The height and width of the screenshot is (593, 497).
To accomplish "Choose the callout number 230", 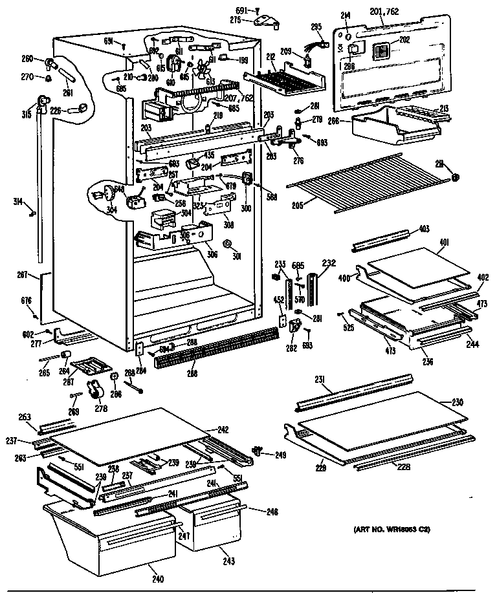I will click(x=457, y=402).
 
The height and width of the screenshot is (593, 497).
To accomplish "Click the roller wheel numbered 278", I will click(x=97, y=389).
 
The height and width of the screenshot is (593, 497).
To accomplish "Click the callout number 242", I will click(x=223, y=429).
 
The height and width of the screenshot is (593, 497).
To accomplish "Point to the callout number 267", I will click(x=23, y=275).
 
